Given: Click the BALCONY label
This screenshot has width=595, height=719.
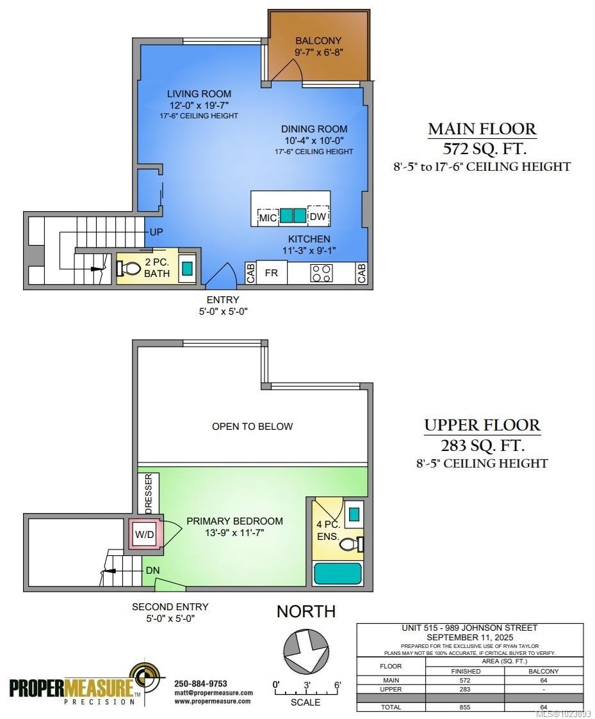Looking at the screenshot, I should tap(318, 41).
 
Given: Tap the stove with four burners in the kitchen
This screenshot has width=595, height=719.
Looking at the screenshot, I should tap(321, 273).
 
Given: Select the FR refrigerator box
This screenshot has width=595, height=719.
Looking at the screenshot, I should tap(272, 273).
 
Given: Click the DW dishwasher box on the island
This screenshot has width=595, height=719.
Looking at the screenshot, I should tap(318, 217).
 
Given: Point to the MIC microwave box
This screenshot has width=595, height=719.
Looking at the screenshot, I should tap(268, 217).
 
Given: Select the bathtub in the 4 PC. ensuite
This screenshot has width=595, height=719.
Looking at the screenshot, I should tap(338, 572).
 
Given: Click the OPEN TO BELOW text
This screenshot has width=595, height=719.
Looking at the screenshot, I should tap(252, 426).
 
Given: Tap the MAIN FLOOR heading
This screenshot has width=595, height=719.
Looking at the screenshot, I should tap(482, 129).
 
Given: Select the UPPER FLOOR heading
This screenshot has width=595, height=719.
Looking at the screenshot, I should tap(482, 425).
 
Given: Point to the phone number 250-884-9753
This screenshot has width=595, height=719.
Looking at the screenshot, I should tap(200, 684).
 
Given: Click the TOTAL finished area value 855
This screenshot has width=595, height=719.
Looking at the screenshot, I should tap(465, 707).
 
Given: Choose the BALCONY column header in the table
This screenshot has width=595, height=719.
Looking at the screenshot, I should tap(544, 671).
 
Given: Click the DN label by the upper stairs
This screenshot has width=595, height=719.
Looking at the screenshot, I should tap(152, 569).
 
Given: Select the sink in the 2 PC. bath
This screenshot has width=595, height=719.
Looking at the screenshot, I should tap(187, 269).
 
